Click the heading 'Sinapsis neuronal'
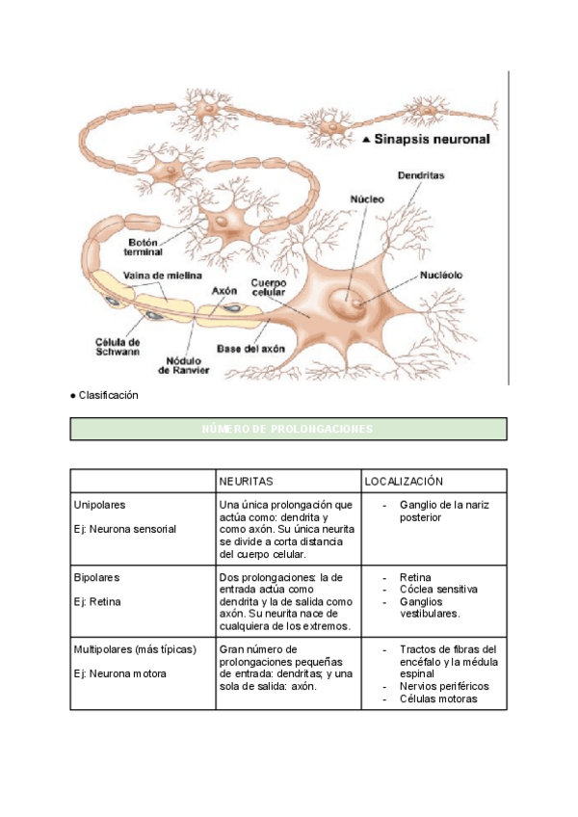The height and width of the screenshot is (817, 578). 433,140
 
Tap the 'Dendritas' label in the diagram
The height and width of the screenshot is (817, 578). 420,176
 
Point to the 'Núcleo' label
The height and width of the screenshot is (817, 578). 366,198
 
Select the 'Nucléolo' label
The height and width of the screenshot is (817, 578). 441,275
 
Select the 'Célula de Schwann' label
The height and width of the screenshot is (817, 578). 118,347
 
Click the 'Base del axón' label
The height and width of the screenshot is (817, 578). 250,349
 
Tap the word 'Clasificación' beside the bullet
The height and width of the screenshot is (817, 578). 108,395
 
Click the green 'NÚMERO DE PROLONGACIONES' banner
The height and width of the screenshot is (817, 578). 288,429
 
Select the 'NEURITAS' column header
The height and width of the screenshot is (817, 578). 247,481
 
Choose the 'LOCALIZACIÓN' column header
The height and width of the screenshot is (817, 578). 404,481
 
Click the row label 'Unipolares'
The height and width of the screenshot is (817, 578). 99,505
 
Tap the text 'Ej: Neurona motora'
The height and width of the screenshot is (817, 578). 120,673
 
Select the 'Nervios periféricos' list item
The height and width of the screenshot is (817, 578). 444,686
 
